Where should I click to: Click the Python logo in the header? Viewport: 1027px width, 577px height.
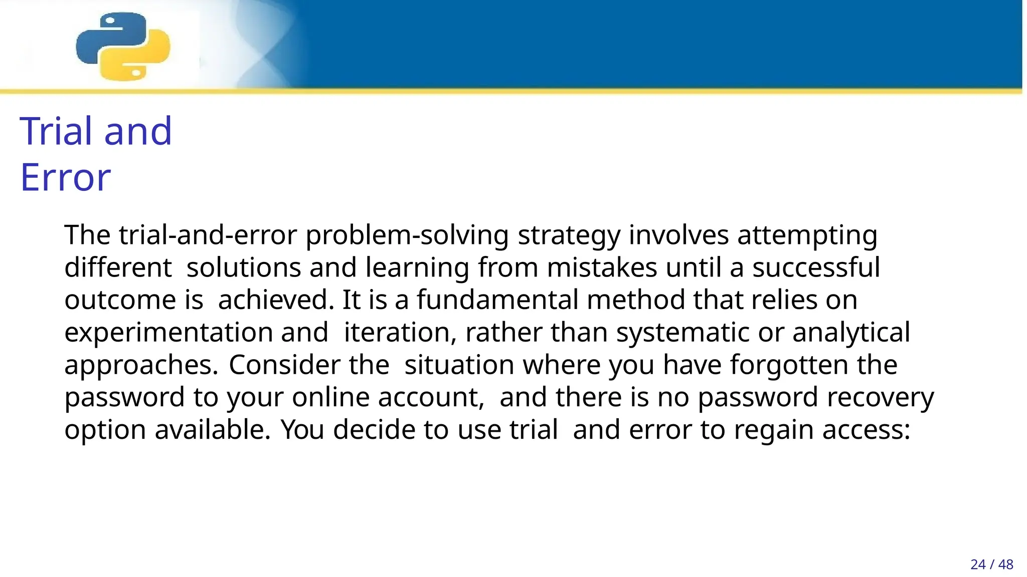click(123, 47)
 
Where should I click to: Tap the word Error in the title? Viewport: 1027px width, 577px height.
click(65, 177)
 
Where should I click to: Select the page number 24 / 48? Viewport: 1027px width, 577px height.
click(991, 564)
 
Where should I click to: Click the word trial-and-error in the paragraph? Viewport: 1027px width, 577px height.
click(208, 235)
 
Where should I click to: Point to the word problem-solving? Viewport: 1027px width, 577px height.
click(407, 235)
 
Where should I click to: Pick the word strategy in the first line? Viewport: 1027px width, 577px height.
click(569, 235)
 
